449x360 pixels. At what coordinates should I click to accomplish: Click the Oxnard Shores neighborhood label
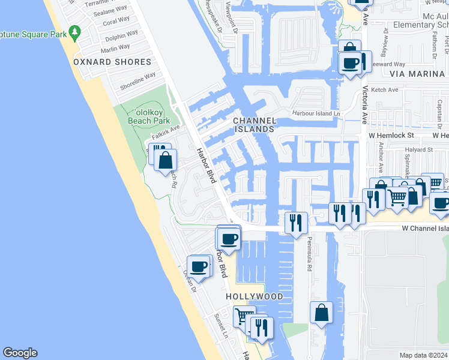(112, 62)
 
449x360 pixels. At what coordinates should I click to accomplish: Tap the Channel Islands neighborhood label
(254, 125)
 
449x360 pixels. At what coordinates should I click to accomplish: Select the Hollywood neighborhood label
(255, 296)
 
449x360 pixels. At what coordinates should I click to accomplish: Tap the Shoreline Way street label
(137, 82)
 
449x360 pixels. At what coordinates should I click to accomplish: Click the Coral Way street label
(116, 22)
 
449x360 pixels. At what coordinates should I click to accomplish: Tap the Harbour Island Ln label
(316, 113)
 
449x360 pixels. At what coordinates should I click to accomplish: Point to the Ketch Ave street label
(385, 90)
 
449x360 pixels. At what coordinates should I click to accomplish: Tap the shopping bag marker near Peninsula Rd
(321, 313)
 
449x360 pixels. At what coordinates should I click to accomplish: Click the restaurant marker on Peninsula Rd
(296, 223)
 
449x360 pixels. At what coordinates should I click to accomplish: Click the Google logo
(20, 353)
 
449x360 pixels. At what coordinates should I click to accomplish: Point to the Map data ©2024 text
(423, 355)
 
